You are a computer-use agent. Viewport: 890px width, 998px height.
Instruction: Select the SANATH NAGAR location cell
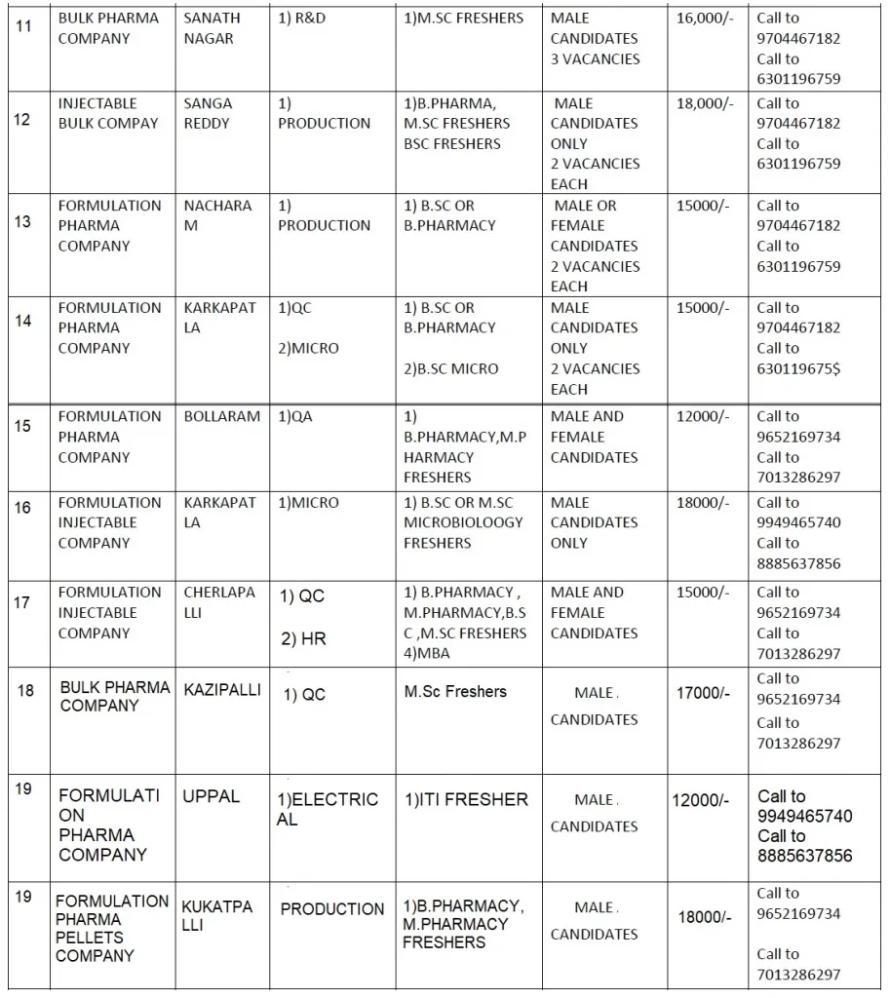pyautogui.click(x=212, y=28)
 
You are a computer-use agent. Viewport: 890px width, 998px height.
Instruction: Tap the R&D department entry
pyautogui.click(x=302, y=19)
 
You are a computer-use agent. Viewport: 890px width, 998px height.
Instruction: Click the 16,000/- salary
pyautogui.click(x=706, y=19)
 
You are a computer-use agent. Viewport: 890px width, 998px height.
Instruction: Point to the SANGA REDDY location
pyautogui.click(x=208, y=113)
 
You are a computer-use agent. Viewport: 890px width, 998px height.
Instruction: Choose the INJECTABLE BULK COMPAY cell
pyautogui.click(x=107, y=113)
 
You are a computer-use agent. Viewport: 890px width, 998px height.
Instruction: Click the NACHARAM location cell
pyautogui.click(x=217, y=215)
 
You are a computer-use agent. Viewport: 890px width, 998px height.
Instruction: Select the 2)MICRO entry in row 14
pyautogui.click(x=308, y=348)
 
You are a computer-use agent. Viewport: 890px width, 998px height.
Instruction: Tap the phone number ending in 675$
pyautogui.click(x=798, y=368)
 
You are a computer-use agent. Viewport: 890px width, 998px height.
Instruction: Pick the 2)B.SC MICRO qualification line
pyautogui.click(x=450, y=368)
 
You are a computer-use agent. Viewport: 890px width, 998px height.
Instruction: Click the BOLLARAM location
pyautogui.click(x=222, y=416)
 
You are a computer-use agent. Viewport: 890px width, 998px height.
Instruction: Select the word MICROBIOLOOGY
pyautogui.click(x=463, y=522)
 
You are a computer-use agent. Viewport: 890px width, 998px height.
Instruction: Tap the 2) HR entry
pyautogui.click(x=303, y=639)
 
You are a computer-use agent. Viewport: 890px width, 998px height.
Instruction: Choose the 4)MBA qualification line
pyautogui.click(x=427, y=653)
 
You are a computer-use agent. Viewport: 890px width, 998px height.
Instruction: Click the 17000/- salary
pyautogui.click(x=703, y=694)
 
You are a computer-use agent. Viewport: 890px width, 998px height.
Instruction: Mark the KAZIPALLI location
pyautogui.click(x=222, y=690)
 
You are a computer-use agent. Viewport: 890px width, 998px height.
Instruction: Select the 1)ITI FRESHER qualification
pyautogui.click(x=466, y=799)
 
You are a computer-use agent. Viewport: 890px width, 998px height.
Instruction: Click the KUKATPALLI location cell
pyautogui.click(x=216, y=916)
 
